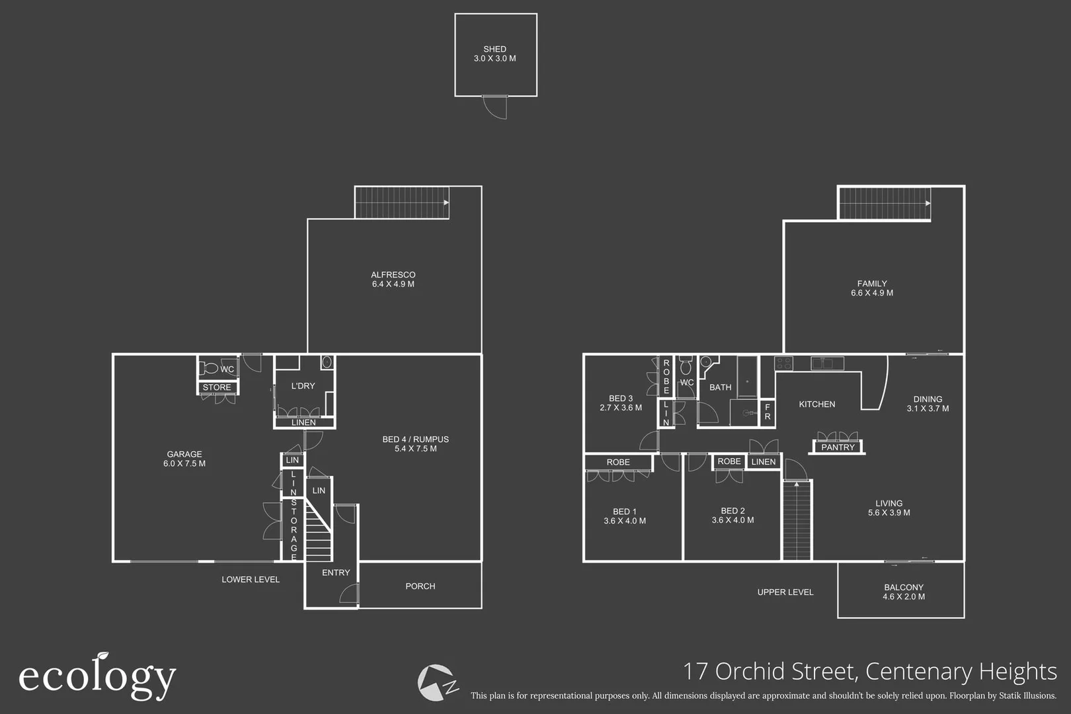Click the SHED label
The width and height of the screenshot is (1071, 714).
[495, 50]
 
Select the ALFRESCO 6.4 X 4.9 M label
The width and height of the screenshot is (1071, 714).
[393, 280]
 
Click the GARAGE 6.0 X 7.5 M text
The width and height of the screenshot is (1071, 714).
[184, 459]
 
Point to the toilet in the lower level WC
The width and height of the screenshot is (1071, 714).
[211, 368]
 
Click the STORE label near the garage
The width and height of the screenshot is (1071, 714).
[217, 388]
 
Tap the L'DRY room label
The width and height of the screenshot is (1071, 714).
[303, 386]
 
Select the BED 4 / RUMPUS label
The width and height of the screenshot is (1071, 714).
[415, 440]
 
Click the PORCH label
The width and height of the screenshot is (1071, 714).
[420, 586]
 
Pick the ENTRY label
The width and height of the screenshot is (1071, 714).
[336, 573]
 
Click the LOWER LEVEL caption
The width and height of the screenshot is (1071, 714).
[251, 580]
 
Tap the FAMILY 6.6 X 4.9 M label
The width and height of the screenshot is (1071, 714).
[872, 288]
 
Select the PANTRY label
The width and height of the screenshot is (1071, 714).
[838, 448]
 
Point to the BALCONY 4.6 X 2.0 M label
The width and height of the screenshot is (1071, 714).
[903, 592]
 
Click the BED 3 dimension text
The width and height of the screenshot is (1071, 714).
[621, 408]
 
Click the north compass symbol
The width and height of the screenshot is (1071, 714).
[437, 683]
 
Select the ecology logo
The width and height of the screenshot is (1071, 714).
[97, 676]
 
